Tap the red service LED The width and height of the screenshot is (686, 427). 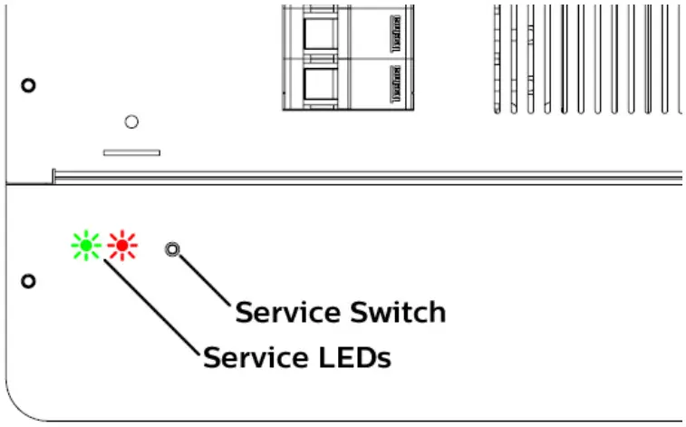coord(121,245)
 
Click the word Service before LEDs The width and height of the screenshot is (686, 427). coord(255,357)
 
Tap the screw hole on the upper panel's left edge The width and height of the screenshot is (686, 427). coord(28,85)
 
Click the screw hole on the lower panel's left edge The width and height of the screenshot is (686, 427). coord(28,280)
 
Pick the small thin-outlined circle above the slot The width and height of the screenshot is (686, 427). coord(131,121)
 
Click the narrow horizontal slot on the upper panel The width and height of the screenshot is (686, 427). coord(131,152)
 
